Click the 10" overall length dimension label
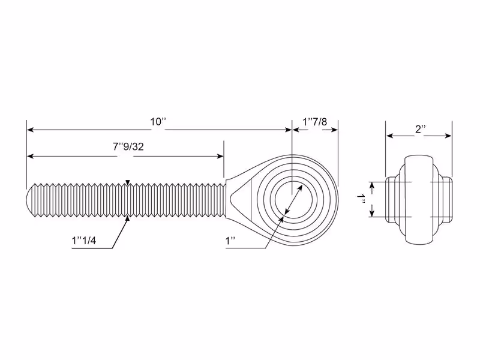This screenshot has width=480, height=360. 158,122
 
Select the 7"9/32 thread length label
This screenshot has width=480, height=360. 128,147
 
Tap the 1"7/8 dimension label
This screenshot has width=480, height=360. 314,122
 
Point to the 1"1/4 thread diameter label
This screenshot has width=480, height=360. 84,241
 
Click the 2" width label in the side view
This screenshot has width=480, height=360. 421,129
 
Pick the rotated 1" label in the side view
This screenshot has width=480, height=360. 361,199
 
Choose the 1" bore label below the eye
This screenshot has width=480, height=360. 230,241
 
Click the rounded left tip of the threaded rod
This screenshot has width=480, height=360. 28,200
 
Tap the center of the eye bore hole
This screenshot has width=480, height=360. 294,200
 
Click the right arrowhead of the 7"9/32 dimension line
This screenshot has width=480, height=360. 220,157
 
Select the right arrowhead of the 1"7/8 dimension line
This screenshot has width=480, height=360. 334,130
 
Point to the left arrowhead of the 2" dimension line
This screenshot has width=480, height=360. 389,136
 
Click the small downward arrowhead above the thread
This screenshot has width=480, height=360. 128,182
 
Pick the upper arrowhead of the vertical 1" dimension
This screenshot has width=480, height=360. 372,185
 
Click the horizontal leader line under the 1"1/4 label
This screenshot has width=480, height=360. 92,248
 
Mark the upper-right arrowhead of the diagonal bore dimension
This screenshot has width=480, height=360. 299,188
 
